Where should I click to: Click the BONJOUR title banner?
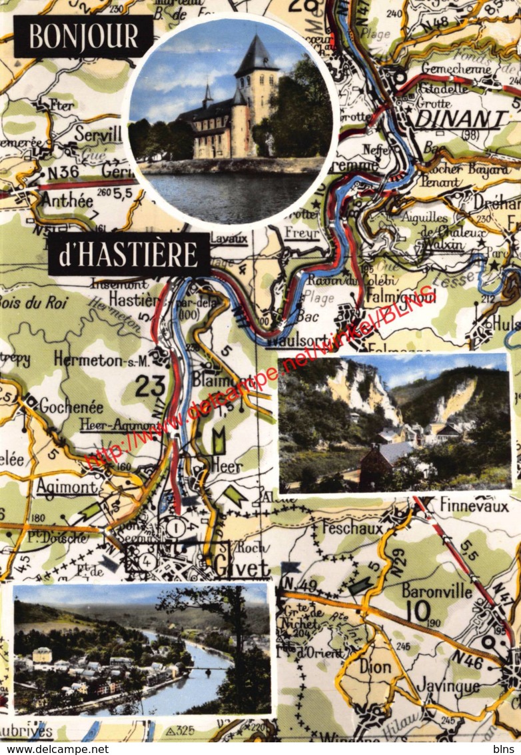[x=83, y=36]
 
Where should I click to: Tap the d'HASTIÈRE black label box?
[x=129, y=255]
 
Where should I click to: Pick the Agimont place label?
[x=66, y=486]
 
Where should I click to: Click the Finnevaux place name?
[x=473, y=506]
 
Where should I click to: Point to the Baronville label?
[x=436, y=590]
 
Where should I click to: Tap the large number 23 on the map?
[x=150, y=386]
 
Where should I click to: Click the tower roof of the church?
[x=256, y=56]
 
